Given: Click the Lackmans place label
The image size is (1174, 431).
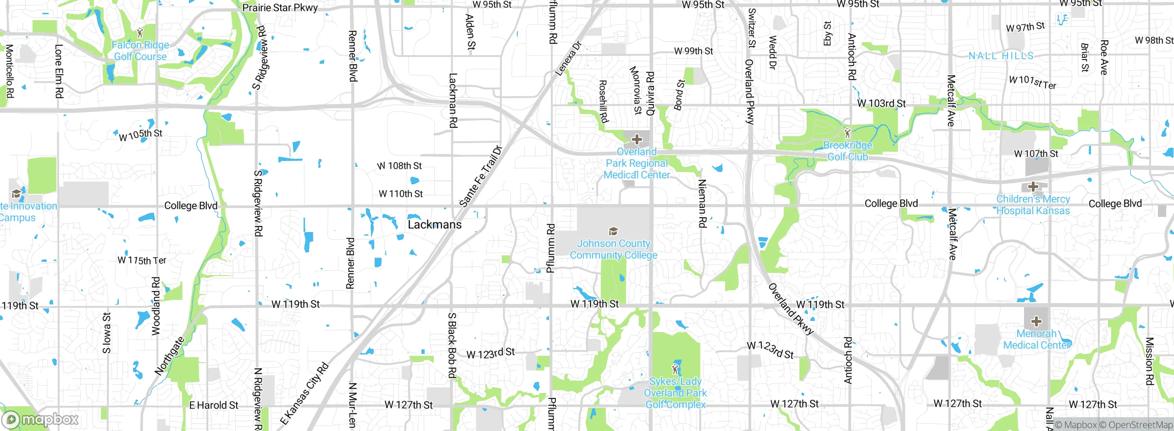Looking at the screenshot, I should (434, 225).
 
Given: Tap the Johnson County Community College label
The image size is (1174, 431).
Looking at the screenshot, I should (614, 249).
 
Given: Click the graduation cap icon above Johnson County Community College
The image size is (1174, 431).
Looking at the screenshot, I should (613, 232).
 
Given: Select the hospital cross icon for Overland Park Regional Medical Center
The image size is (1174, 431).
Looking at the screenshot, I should (637, 139).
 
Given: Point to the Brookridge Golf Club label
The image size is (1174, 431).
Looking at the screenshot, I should (847, 151).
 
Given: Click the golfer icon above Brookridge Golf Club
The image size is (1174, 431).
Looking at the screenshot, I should (847, 133).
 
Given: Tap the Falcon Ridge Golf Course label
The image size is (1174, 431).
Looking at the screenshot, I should (140, 51).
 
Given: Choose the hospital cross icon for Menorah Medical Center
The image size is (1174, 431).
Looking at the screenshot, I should (1036, 321).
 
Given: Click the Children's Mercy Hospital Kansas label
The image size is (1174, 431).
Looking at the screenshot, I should (1033, 204).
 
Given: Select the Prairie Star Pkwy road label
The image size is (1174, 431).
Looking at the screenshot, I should (280, 8).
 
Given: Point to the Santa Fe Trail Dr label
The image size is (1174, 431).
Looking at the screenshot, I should (481, 177).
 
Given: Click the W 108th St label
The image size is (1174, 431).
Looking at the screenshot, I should (399, 166).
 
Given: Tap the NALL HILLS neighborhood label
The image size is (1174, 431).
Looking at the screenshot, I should (1001, 56).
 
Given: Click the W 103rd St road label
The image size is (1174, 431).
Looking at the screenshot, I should (881, 104).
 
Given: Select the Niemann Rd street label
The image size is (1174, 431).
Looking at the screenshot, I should (702, 203).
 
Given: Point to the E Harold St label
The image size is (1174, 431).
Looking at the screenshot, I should (214, 405).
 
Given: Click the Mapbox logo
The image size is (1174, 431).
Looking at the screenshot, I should (40, 419).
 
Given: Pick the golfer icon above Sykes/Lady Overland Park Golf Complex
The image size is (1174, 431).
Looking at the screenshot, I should (675, 369).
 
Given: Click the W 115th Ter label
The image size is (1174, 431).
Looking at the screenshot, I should (142, 260).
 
